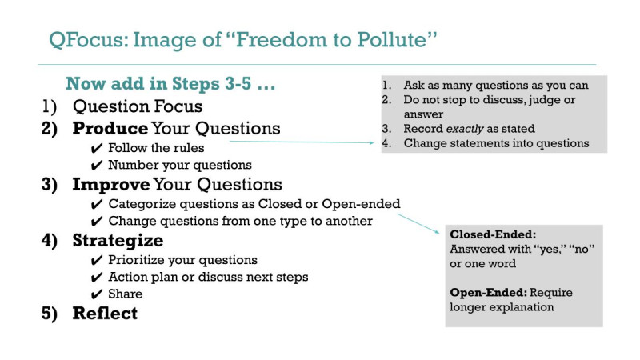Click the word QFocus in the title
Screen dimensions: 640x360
(x=86, y=40)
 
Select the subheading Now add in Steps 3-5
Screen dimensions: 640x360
(x=170, y=83)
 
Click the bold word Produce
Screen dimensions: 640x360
(x=110, y=128)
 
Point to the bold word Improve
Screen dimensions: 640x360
(x=111, y=185)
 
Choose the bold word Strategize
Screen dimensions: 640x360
(x=118, y=241)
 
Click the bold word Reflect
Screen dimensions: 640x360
(x=105, y=313)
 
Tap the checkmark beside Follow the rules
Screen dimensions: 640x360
(x=97, y=148)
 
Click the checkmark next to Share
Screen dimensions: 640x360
(x=97, y=294)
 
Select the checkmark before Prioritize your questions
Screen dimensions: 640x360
(x=97, y=261)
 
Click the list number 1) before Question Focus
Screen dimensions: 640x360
(x=49, y=106)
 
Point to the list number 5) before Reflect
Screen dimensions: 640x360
(x=49, y=314)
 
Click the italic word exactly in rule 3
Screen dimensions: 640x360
(x=465, y=129)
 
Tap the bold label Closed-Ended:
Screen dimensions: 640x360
(x=493, y=234)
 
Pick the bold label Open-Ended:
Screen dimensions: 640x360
(x=488, y=292)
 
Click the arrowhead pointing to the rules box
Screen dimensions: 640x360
(x=371, y=143)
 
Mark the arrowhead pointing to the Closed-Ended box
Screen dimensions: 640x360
(x=437, y=231)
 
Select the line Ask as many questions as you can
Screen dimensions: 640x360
(x=496, y=85)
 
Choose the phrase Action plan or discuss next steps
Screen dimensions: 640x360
(x=208, y=277)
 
